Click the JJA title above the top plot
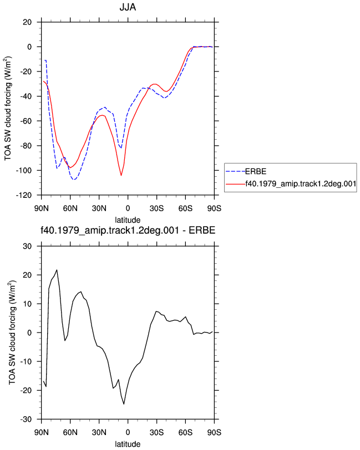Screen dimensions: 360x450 pos(128,7)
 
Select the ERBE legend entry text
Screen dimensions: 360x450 pos(256,171)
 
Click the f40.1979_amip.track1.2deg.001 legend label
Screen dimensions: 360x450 pos(301,183)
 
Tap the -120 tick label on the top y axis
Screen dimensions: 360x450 pos(24,195)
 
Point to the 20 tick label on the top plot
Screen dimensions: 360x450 pos(27,22)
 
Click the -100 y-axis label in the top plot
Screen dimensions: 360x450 pos(24,171)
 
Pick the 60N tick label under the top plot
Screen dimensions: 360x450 pos(70,208)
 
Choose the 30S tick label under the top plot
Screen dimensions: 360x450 pos(156,208)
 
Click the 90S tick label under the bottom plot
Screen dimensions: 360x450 pos(214,432)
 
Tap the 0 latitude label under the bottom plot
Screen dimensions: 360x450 pos(128,432)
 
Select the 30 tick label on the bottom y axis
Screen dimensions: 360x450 pos(27,246)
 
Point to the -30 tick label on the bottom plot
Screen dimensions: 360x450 pos(26,420)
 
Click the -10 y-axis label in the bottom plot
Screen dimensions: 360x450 pos(26,361)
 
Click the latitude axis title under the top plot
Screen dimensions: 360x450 pos(128,220)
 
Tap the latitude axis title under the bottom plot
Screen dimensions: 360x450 pos(128,444)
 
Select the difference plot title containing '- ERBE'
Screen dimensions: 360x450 pos(128,230)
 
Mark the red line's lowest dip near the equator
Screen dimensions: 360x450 pos(121,175)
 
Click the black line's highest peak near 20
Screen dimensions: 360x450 pos(57,270)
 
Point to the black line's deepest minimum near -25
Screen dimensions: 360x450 pos(124,404)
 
